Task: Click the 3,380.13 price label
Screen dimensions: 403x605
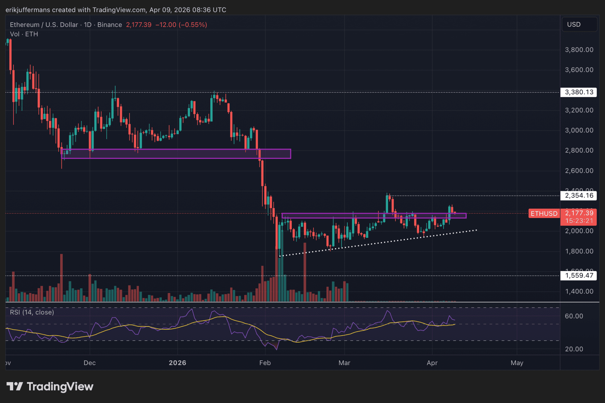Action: tap(579, 92)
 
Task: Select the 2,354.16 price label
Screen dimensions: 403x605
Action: tap(579, 196)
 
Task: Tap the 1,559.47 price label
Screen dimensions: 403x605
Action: tap(579, 275)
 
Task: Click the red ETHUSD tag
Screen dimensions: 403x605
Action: tap(544, 213)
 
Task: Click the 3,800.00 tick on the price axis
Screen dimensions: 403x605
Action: tap(579, 50)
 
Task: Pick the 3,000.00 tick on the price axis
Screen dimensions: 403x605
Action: tap(579, 130)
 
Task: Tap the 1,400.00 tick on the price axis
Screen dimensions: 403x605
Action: tap(579, 291)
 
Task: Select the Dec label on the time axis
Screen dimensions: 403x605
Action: tap(90, 363)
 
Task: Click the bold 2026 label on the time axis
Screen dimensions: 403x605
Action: tap(177, 363)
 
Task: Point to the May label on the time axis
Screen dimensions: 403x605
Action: tap(517, 363)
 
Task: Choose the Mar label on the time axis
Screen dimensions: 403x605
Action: tap(344, 363)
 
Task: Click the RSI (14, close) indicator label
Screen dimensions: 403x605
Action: tap(32, 312)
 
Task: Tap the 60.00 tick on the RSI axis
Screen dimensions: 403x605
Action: tap(574, 316)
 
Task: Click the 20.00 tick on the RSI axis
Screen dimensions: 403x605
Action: tap(574, 349)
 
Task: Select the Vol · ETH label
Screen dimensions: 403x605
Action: tap(24, 34)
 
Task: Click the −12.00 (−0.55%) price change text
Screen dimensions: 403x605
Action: tap(181, 25)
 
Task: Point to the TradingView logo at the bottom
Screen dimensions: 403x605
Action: tap(50, 386)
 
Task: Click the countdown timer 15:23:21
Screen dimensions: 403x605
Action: tap(579, 221)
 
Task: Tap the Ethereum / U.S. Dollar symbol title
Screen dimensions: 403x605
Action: tap(44, 25)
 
